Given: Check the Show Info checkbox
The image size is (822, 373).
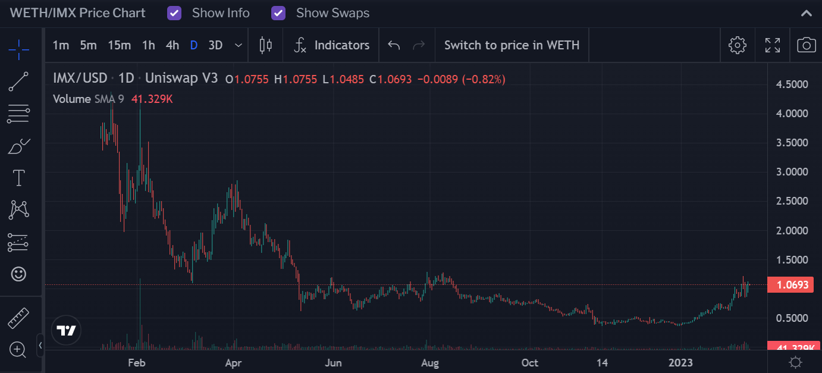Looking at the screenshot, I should click(x=174, y=13).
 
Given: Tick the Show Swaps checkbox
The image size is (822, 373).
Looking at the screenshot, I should click(x=278, y=13).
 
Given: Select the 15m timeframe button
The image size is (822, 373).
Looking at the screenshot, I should click(x=119, y=45).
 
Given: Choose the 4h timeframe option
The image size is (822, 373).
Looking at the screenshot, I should click(x=172, y=45).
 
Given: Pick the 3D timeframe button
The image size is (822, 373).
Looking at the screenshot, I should click(x=215, y=45).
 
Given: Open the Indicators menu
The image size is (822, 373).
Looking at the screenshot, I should click(x=332, y=45).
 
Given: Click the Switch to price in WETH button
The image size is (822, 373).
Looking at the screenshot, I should click(x=512, y=45).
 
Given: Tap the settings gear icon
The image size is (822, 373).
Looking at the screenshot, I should click(x=737, y=45).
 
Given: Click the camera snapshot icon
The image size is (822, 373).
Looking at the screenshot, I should click(x=806, y=45).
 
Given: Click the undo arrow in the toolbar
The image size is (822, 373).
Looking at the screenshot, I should click(x=394, y=45).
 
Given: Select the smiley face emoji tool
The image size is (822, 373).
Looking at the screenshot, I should click(x=18, y=274).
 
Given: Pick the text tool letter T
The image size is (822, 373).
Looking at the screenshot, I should click(x=18, y=178).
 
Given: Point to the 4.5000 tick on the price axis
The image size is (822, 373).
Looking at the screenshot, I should click(x=792, y=84).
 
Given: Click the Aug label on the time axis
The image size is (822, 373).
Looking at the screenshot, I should click(x=430, y=362).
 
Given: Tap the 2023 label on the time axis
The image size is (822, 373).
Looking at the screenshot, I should click(x=680, y=362).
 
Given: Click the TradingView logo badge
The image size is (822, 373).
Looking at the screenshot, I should click(x=66, y=331).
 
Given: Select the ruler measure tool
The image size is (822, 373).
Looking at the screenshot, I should click(x=18, y=318).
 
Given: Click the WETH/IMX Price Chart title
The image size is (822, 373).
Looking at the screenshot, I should click(x=77, y=13).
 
